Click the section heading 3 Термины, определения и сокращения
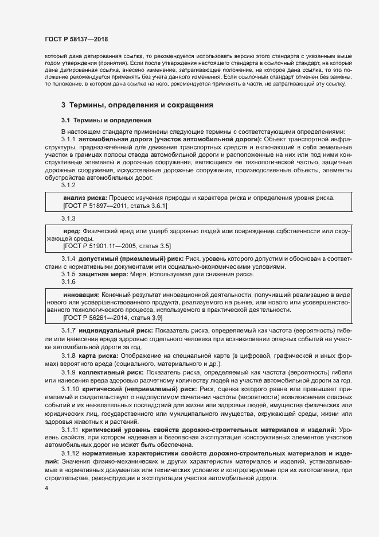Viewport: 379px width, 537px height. coord(137,105)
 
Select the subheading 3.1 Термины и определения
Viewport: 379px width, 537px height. coord(106,120)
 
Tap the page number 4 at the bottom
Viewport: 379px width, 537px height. coord(46,488)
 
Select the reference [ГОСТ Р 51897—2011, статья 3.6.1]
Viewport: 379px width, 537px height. coord(115,205)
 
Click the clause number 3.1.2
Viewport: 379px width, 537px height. coord(69,185)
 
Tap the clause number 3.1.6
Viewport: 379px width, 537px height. coord(69,281)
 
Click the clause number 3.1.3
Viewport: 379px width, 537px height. coord(69,218)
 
